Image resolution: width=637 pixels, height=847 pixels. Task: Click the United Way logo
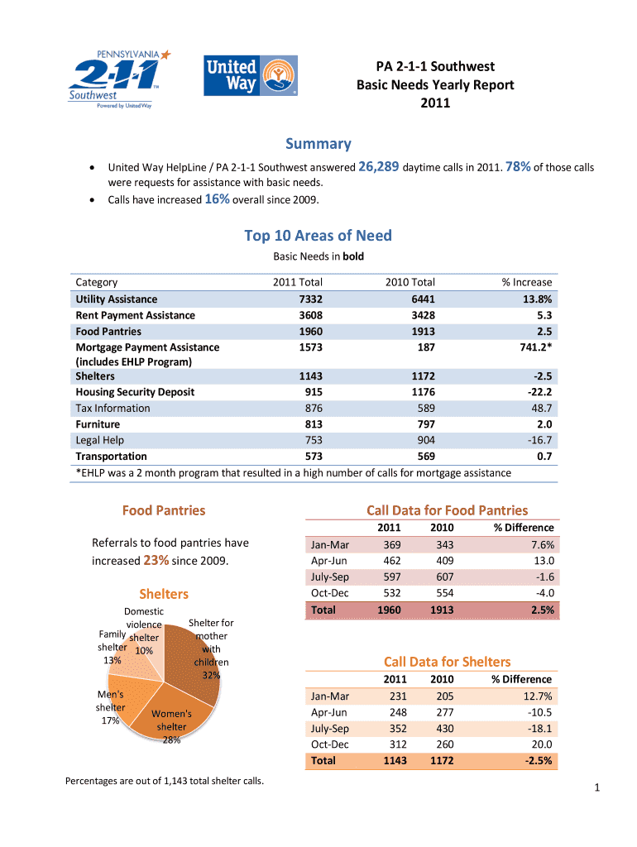251,75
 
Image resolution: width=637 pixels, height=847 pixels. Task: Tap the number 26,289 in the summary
380,167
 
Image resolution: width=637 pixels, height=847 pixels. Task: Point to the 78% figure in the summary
519,167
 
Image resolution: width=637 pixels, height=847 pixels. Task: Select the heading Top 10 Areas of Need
318,236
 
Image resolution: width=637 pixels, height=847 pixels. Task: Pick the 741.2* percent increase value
533,347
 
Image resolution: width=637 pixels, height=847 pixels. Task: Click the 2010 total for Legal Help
423,440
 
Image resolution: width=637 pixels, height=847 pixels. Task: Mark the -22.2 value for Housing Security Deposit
539,392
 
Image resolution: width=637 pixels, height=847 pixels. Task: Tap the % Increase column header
526,282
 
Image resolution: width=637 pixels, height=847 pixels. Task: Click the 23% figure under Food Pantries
156,560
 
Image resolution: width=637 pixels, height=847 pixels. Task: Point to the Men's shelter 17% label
110,707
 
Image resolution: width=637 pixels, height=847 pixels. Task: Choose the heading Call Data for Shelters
447,662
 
